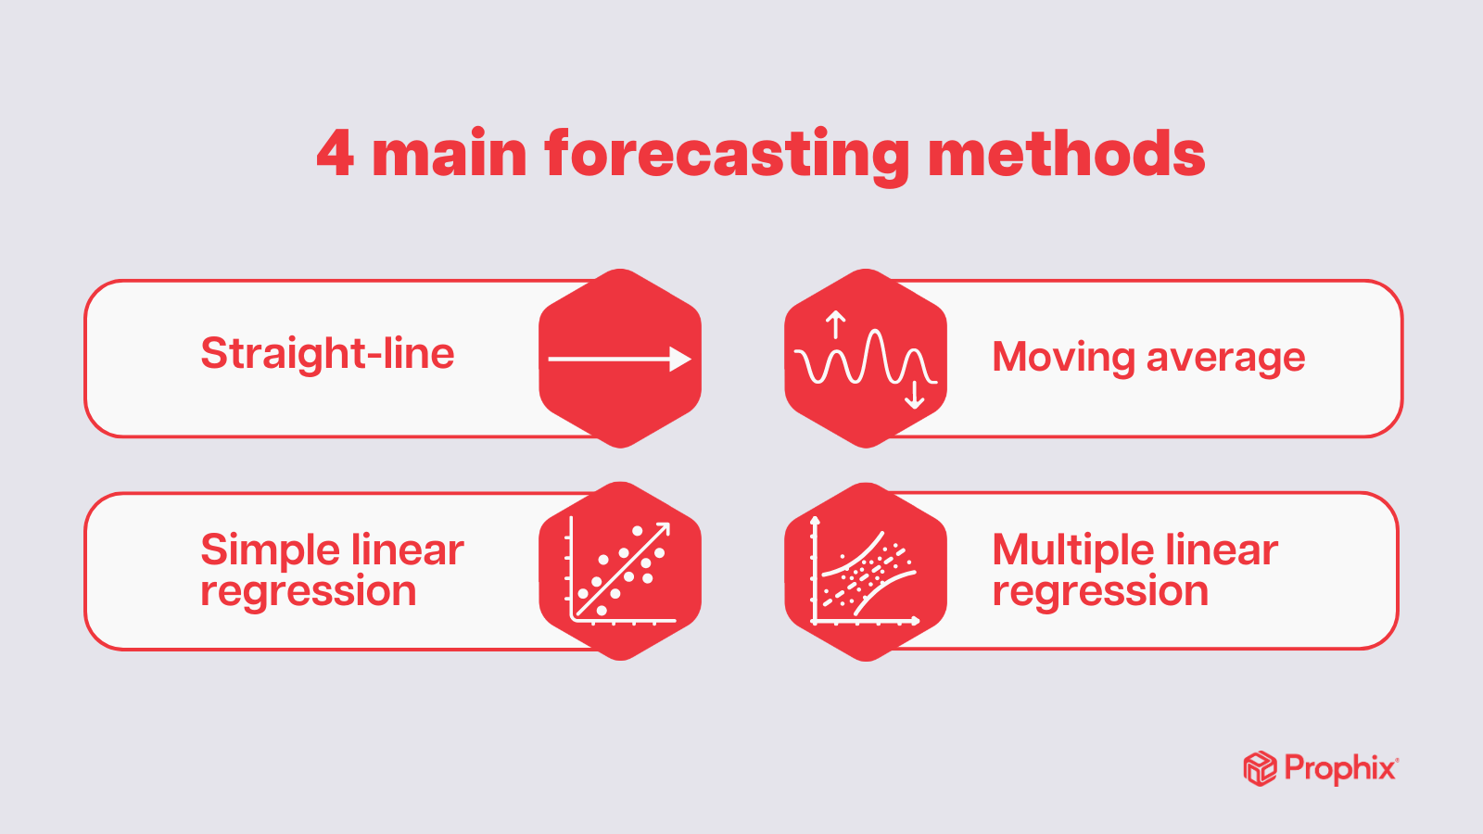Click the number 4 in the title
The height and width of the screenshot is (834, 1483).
pos(335,154)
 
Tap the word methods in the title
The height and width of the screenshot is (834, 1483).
pos(1066,154)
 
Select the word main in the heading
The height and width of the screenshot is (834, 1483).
pos(450,154)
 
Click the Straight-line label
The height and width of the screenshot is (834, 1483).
pos(327,354)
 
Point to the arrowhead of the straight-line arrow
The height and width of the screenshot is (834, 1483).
pos(681,360)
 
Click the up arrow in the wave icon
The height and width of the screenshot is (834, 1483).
pos(836,324)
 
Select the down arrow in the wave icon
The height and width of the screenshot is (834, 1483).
pos(915,396)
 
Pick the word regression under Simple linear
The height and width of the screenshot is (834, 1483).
pos(309,591)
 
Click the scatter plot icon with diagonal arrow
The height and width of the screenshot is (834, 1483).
pos(620,572)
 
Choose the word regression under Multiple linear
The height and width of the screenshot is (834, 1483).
pos(1100,591)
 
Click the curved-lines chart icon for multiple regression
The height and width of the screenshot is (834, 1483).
pos(865,572)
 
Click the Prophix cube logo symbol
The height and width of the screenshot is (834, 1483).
pos(1260,769)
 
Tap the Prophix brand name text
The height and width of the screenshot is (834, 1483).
pos(1340,769)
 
